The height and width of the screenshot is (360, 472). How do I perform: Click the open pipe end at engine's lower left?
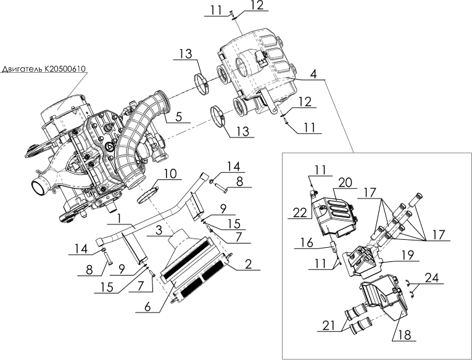coord(40,185)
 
